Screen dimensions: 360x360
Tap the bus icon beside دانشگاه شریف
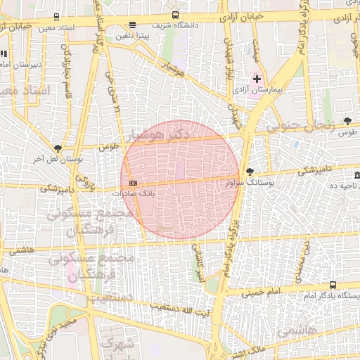pyautogui.click(x=175, y=15)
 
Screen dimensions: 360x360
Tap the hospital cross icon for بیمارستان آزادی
pyautogui.click(x=257, y=79)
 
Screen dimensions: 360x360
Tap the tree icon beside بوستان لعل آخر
pyautogui.click(x=58, y=148)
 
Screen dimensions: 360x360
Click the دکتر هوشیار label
pyautogui.click(x=161, y=132)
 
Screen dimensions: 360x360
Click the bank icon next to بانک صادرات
pyautogui.click(x=134, y=184)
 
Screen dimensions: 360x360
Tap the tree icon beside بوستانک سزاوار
pyautogui.click(x=250, y=172)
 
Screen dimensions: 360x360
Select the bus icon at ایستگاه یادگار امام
pyautogui.click(x=333, y=285)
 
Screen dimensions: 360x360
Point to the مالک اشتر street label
pyautogui.click(x=248, y=350)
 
